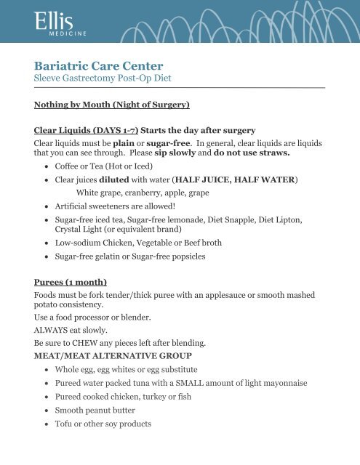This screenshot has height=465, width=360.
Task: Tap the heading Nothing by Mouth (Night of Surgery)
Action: [112, 105]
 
